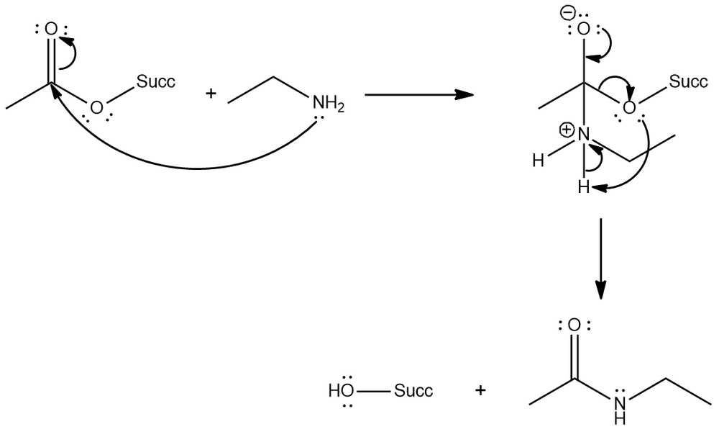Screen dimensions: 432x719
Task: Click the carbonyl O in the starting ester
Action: coord(50,30)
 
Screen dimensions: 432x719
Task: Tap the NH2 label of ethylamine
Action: coord(328,105)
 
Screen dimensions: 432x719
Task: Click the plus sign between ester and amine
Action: coord(211,94)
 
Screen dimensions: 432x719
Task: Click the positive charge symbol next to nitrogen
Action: coord(566,130)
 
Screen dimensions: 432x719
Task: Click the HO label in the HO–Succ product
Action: coord(342,392)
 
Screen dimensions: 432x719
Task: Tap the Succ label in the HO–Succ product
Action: coord(413,392)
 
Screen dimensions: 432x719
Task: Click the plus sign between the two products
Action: coord(480,391)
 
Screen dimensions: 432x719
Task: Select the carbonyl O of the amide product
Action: coord(574,326)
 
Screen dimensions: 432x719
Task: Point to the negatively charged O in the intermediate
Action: coord(585,30)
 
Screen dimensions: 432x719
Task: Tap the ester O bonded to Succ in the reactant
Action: coord(96,108)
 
